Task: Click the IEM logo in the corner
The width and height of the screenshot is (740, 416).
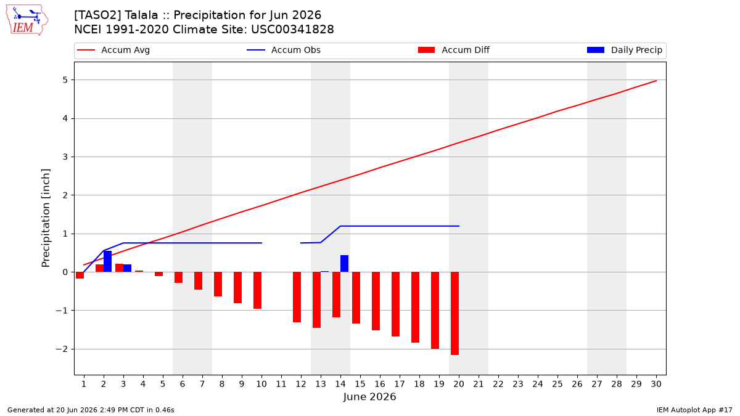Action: (27, 20)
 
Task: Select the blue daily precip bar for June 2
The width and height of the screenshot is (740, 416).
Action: (108, 261)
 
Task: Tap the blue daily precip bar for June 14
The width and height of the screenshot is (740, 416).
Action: (344, 264)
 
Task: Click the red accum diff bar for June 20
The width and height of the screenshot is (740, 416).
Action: (454, 313)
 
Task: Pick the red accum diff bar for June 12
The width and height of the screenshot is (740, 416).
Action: (297, 297)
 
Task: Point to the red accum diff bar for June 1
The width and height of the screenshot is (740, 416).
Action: (80, 275)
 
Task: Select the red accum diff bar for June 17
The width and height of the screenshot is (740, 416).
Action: (395, 304)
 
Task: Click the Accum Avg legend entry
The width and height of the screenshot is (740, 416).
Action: (113, 50)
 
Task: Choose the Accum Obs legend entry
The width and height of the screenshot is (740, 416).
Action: (284, 50)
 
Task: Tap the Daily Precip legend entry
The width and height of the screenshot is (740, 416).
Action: (625, 50)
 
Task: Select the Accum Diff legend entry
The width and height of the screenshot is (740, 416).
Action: (454, 50)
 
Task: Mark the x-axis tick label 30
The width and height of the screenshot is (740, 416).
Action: (656, 384)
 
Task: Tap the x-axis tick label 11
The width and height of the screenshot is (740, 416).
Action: (281, 384)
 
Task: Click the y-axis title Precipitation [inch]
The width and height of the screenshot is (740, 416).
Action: (46, 218)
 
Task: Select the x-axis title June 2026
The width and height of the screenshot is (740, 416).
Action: (369, 396)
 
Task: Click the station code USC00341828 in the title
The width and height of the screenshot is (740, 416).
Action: (292, 30)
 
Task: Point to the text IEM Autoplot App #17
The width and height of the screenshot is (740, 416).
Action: (694, 410)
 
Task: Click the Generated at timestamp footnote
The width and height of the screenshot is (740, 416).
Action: (91, 410)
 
